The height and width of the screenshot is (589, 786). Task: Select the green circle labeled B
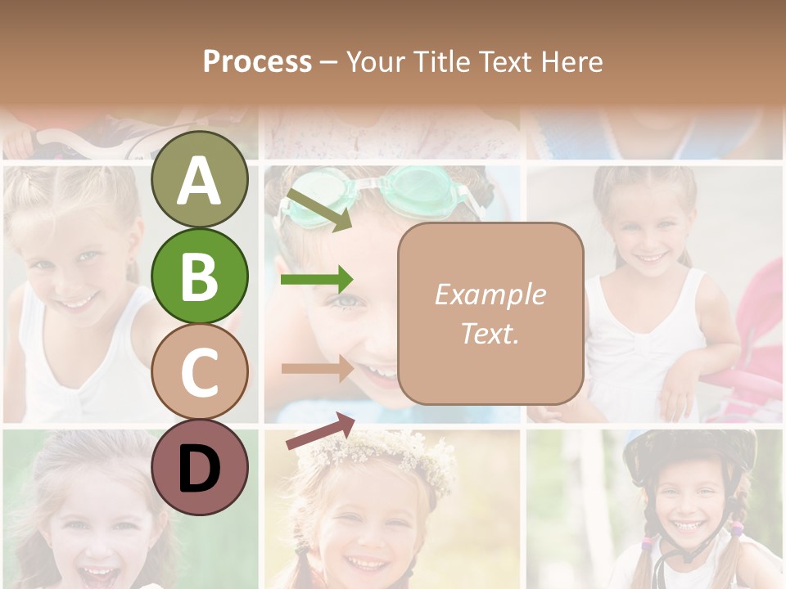pyautogui.click(x=199, y=276)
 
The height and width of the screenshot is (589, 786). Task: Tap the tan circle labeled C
pyautogui.click(x=199, y=372)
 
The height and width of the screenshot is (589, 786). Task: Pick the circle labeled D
pyautogui.click(x=199, y=468)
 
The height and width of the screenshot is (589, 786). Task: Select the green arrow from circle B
pyautogui.click(x=316, y=280)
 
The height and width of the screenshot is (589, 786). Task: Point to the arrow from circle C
pyautogui.click(x=316, y=368)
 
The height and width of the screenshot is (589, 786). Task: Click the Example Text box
pyautogui.click(x=490, y=313)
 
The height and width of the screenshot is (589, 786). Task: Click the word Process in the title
pyautogui.click(x=257, y=61)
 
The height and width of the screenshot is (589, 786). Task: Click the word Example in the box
pyautogui.click(x=490, y=294)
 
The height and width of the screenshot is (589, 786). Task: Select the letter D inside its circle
pyautogui.click(x=199, y=470)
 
